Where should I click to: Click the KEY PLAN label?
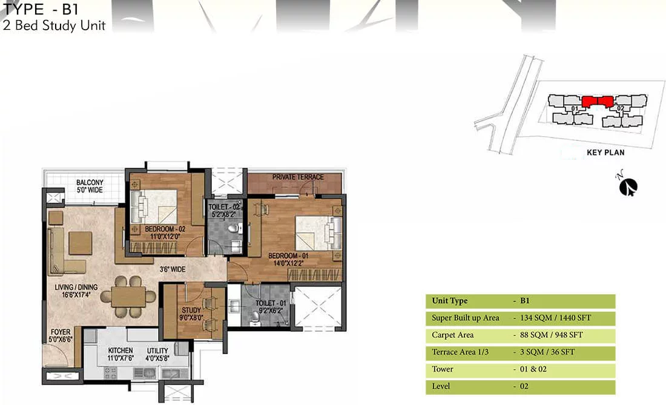click(x=605, y=153)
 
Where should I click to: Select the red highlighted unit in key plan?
click(x=597, y=101)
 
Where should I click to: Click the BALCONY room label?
click(x=90, y=182)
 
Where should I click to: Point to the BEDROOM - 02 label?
click(x=165, y=229)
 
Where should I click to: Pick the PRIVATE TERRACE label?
click(x=298, y=177)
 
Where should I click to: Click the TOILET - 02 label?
click(x=224, y=207)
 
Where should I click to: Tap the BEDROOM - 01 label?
click(x=288, y=255)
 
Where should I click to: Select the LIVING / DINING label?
click(x=76, y=287)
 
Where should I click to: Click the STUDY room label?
click(x=191, y=310)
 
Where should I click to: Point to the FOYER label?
click(x=61, y=332)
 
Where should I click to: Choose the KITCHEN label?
click(x=120, y=351)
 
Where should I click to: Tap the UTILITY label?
click(x=157, y=351)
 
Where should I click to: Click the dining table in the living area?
click(x=128, y=297)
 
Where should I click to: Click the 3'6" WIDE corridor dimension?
click(x=173, y=269)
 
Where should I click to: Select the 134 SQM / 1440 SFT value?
click(x=555, y=318)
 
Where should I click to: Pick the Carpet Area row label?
click(x=452, y=335)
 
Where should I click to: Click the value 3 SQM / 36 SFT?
click(x=547, y=352)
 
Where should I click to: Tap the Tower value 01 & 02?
click(x=533, y=369)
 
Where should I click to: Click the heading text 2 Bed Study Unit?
click(x=54, y=25)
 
